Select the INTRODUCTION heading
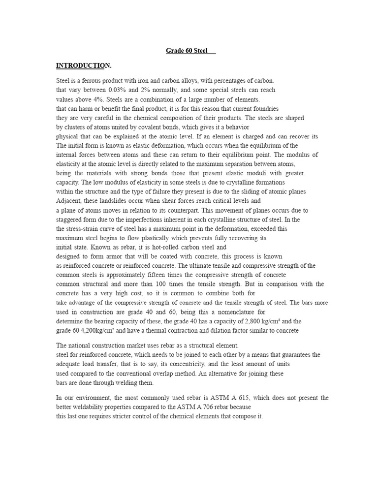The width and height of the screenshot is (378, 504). pyautogui.click(x=83, y=65)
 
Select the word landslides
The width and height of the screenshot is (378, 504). pyautogui.click(x=108, y=201)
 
